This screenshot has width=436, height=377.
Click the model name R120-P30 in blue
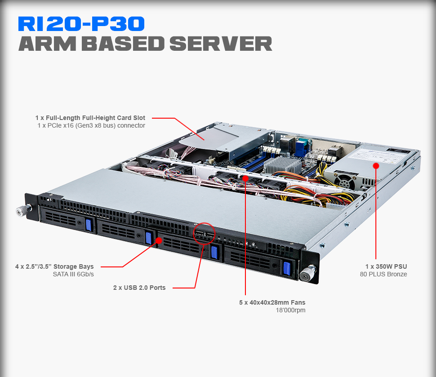pyautogui.click(x=81, y=24)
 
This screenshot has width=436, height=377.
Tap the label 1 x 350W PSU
pyautogui.click(x=386, y=266)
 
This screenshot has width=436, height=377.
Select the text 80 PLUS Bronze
pyautogui.click(x=383, y=274)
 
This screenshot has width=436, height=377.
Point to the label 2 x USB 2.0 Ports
pyautogui.click(x=139, y=288)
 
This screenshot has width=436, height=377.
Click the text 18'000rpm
pyautogui.click(x=290, y=310)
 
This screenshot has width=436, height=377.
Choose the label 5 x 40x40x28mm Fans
pyautogui.click(x=272, y=302)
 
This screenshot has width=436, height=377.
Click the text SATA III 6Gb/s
pyautogui.click(x=73, y=274)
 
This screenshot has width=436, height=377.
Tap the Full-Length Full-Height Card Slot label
pyautogui.click(x=90, y=118)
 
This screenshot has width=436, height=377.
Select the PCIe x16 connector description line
pyautogui.click(x=91, y=126)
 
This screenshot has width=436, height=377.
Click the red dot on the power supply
pyautogui.click(x=376, y=165)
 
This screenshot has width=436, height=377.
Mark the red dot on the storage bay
pyautogui.click(x=158, y=240)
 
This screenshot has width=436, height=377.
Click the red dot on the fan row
pyautogui.click(x=246, y=178)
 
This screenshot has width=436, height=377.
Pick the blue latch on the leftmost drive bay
pyautogui.click(x=88, y=224)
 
